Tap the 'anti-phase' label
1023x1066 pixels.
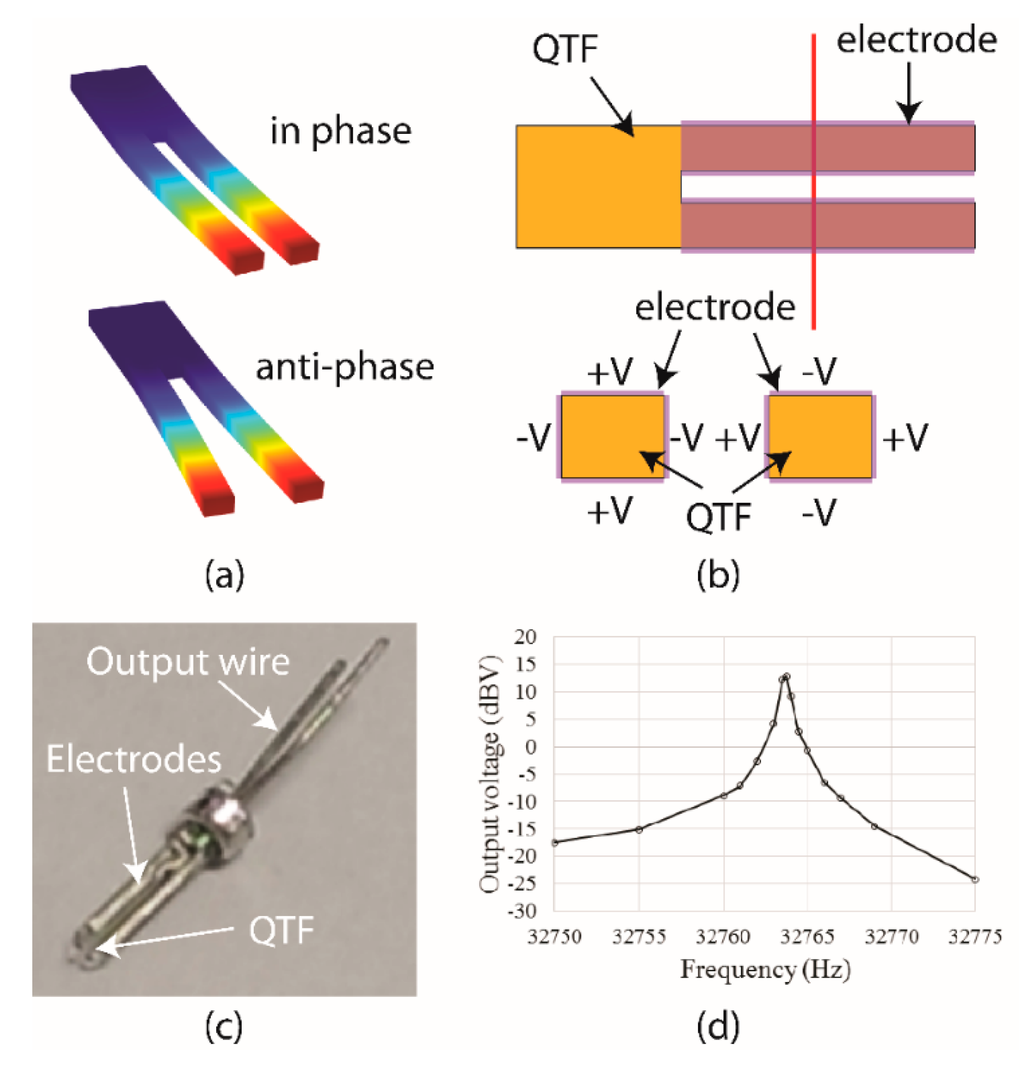click(345, 367)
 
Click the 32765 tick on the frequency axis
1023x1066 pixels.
click(807, 937)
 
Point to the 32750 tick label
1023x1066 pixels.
click(554, 937)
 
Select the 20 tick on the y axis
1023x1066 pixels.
click(525, 637)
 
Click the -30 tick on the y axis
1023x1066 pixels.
click(522, 910)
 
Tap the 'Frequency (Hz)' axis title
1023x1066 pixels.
click(765, 970)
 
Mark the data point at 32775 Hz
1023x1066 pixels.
click(975, 879)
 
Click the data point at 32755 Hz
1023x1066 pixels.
click(639, 829)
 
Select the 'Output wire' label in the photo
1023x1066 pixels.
click(188, 662)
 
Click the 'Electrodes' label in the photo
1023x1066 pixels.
click(134, 759)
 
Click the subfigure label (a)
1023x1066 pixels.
click(224, 575)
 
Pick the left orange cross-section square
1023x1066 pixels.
click(612, 436)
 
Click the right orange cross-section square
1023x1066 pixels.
click(820, 436)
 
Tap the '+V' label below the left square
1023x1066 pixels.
click(609, 511)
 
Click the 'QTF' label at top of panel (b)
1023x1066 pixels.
click(565, 49)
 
